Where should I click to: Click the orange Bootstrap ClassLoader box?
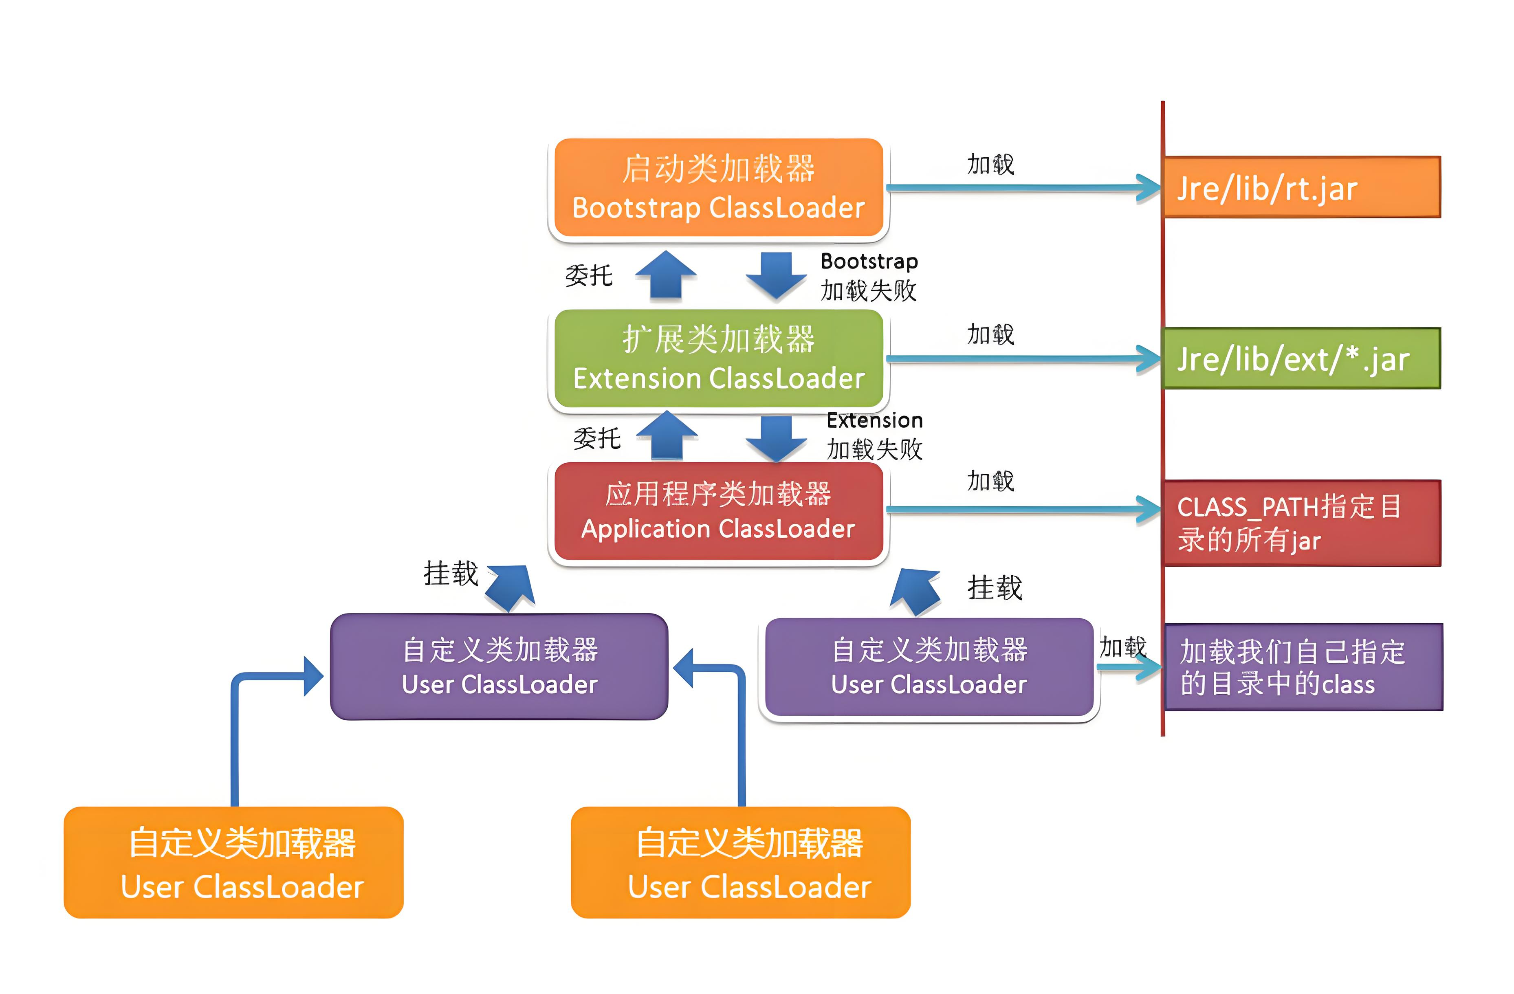(x=718, y=188)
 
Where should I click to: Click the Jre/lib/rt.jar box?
(x=1302, y=187)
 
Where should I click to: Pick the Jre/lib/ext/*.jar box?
(x=1302, y=358)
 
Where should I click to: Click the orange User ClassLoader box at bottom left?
(x=233, y=862)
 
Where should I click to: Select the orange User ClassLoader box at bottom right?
(x=740, y=862)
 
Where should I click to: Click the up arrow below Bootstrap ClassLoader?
(x=666, y=275)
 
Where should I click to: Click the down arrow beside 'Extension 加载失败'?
(x=777, y=439)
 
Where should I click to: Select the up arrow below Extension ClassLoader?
(x=667, y=435)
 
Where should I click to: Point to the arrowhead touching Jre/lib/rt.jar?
(x=1149, y=188)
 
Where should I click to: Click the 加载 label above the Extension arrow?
(x=990, y=334)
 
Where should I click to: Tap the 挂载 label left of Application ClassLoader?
(x=450, y=573)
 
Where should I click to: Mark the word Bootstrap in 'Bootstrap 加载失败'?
(x=869, y=262)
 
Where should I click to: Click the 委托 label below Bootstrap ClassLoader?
(x=588, y=275)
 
